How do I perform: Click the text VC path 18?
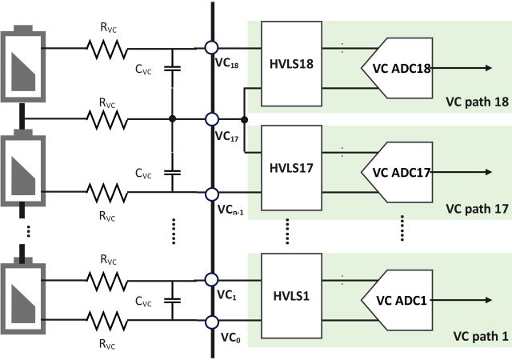pyautogui.click(x=477, y=102)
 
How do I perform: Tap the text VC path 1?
pyautogui.click(x=480, y=336)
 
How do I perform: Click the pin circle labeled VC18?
pyautogui.click(x=212, y=48)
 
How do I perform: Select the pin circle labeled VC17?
pyautogui.click(x=212, y=119)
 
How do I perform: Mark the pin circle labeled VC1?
pyautogui.click(x=212, y=280)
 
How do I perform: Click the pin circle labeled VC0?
pyautogui.click(x=212, y=322)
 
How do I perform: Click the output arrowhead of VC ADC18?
pyautogui.click(x=486, y=69)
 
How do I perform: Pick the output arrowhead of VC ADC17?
pyautogui.click(x=486, y=171)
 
